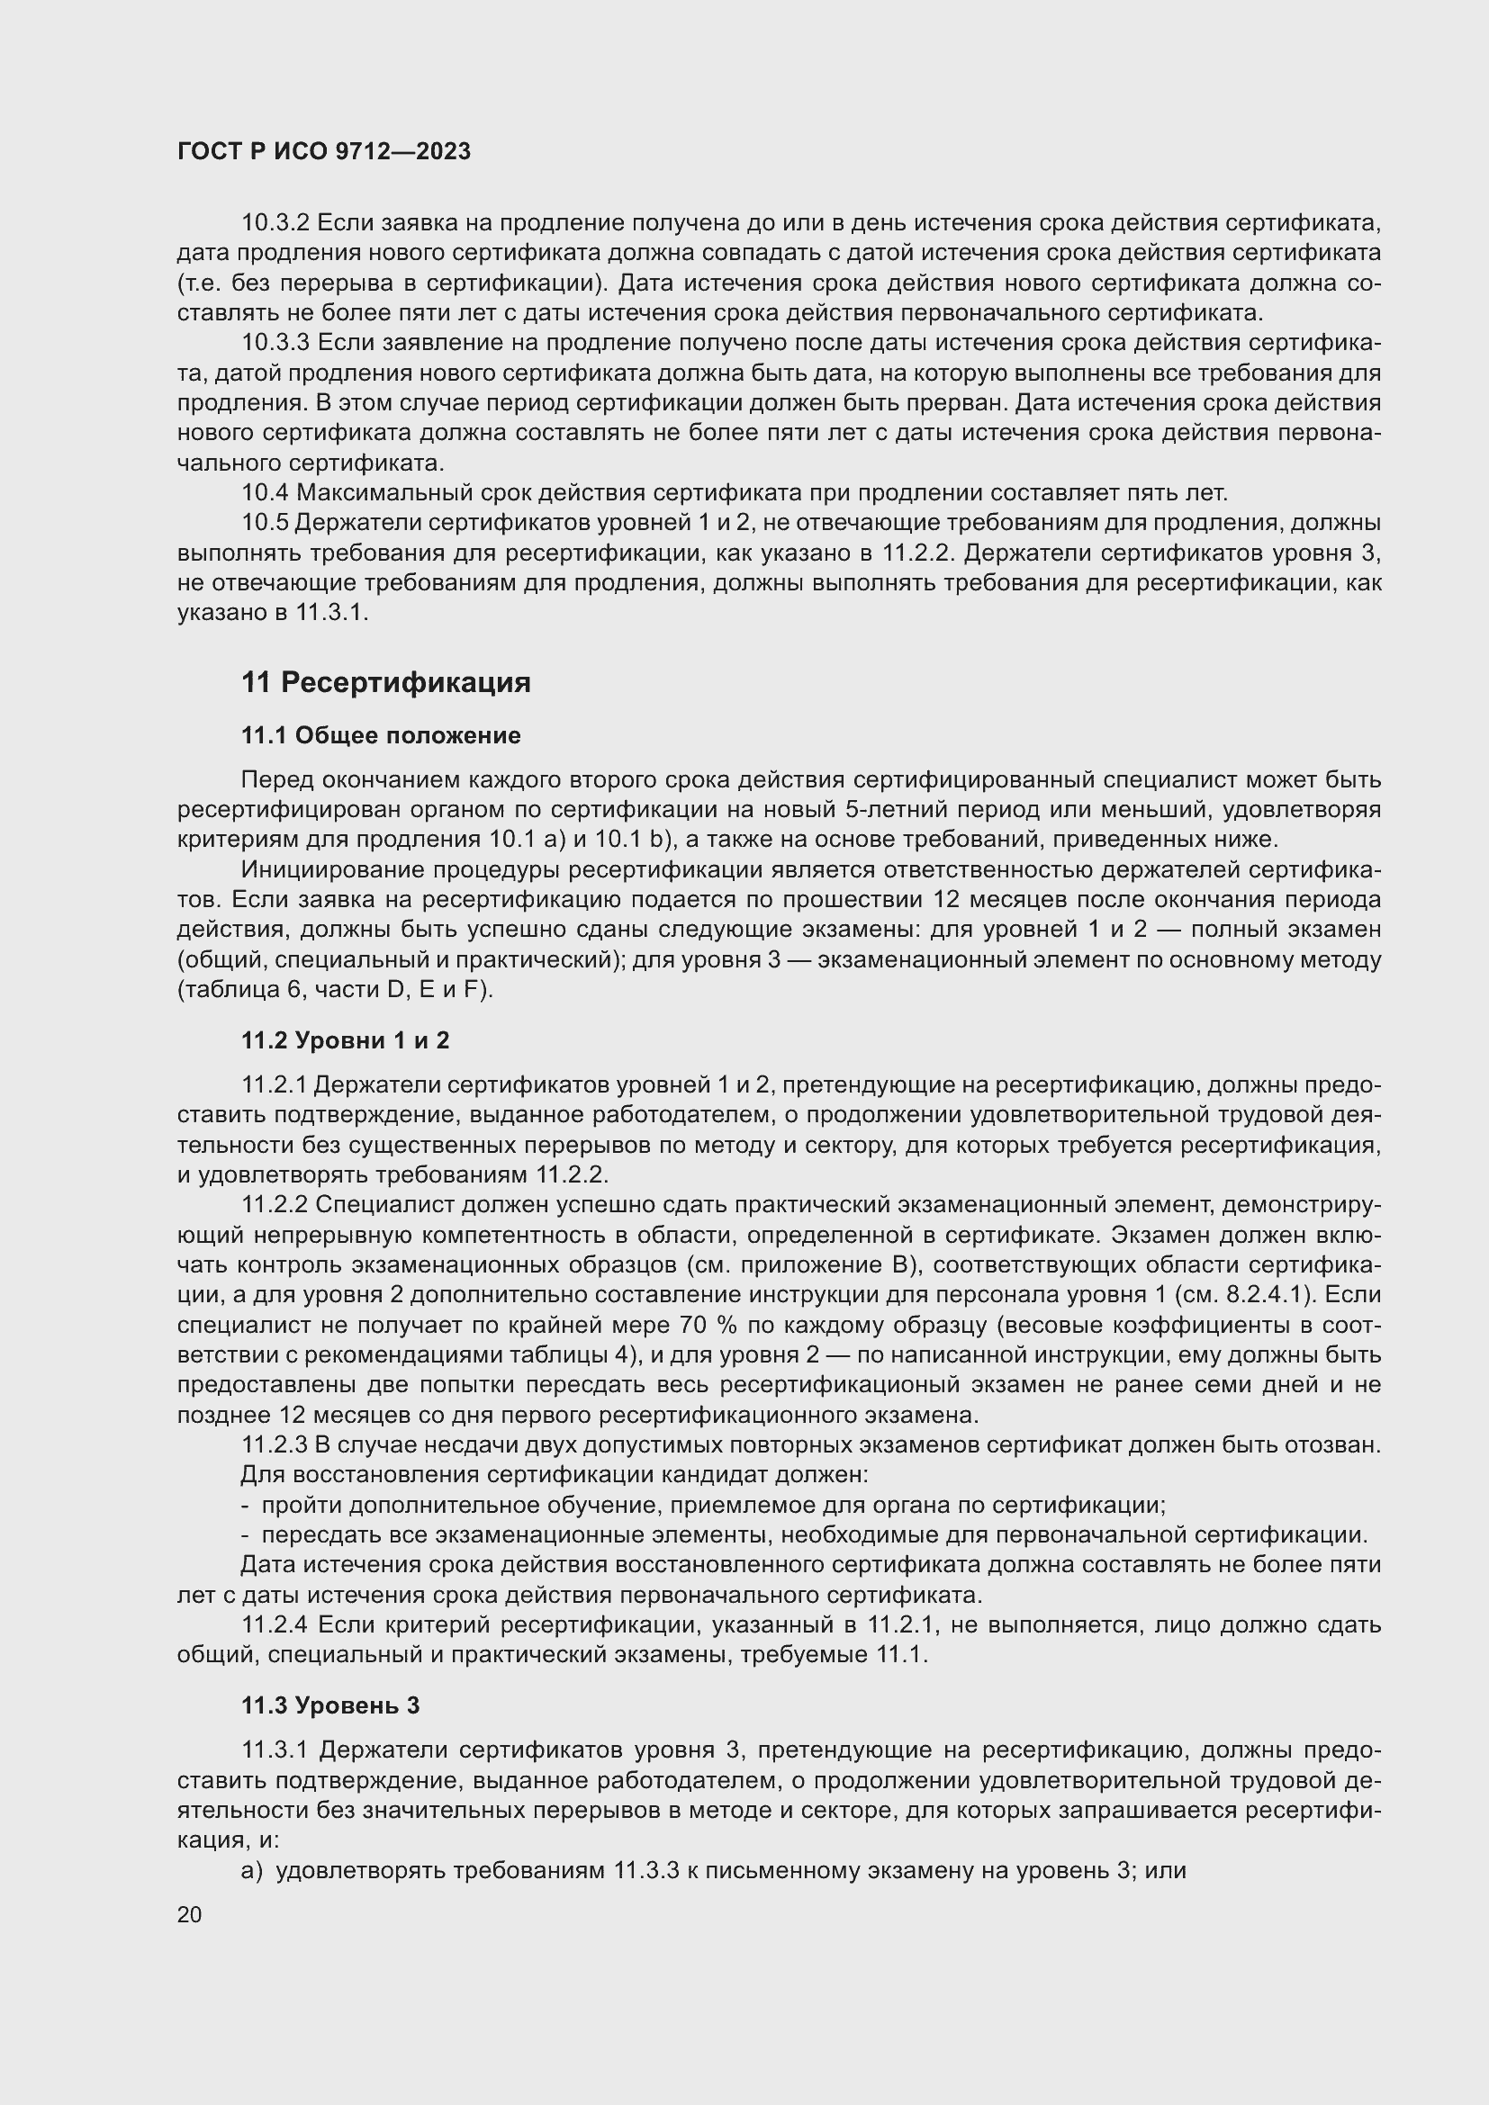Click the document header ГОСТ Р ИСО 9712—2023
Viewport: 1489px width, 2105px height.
click(x=324, y=151)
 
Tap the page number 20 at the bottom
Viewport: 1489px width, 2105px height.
click(x=190, y=1914)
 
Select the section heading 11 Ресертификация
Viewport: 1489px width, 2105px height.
click(x=386, y=683)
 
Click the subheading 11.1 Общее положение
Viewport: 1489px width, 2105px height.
click(x=381, y=735)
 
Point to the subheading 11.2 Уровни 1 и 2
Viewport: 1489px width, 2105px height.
click(x=346, y=1039)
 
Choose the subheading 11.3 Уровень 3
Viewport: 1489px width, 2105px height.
click(x=330, y=1705)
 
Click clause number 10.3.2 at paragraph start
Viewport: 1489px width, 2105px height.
click(x=276, y=223)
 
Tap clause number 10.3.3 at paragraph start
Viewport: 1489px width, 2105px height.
click(x=276, y=343)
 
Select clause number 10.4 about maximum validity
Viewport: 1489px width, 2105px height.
click(x=264, y=493)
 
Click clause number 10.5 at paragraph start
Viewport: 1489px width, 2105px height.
click(x=264, y=523)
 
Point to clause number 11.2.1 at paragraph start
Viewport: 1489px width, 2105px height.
click(x=275, y=1085)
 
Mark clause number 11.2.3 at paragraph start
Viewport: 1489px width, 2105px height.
click(x=275, y=1445)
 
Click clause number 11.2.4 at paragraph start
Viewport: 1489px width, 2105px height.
click(x=276, y=1625)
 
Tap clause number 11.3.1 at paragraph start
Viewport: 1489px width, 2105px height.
click(x=276, y=1750)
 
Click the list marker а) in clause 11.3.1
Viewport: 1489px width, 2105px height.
click(x=251, y=1871)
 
